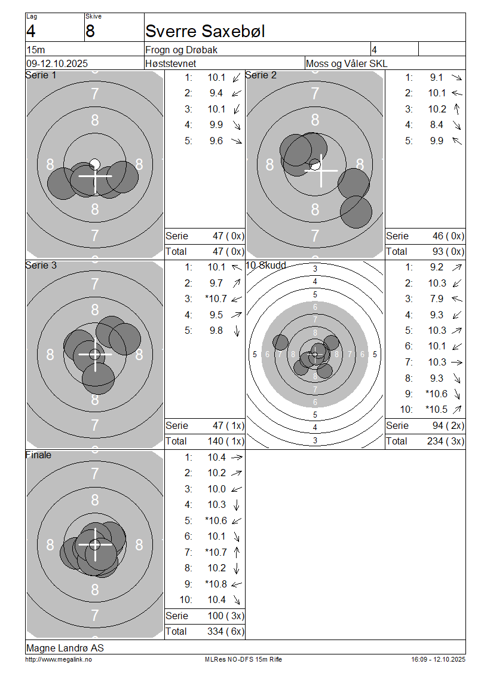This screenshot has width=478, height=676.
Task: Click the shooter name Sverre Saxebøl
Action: [x=205, y=31]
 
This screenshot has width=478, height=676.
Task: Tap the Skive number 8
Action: [x=90, y=32]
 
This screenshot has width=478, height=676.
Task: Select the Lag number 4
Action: [x=31, y=32]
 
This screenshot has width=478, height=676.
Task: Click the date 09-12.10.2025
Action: [x=57, y=64]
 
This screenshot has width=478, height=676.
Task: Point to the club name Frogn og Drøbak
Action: [x=181, y=50]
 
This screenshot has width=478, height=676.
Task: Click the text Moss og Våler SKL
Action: [x=346, y=64]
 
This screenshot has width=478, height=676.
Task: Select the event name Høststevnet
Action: [x=170, y=64]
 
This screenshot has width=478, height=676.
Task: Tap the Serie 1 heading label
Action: [x=41, y=75]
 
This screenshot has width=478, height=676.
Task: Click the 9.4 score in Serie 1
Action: [x=216, y=93]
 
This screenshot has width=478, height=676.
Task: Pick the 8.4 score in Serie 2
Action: [x=436, y=124]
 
